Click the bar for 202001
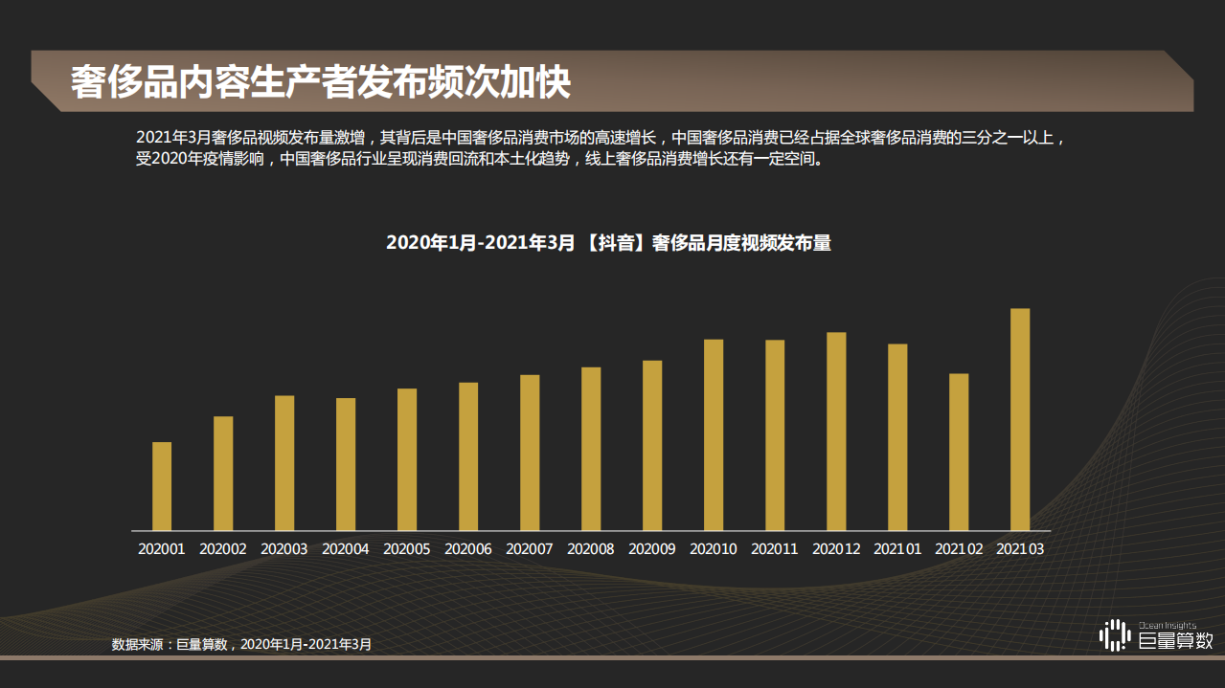[162, 486]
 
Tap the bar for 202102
[959, 452]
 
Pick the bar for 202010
[714, 434]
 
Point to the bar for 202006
[468, 456]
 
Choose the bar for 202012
[836, 432]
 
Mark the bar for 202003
[284, 463]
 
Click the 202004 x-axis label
[346, 549]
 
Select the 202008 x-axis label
[591, 549]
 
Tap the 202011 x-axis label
[775, 549]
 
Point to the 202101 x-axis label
[897, 549]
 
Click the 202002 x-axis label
[223, 549]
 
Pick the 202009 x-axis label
[652, 549]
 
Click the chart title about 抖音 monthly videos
[608, 243]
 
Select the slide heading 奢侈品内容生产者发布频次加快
[321, 83]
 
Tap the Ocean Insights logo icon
[1114, 635]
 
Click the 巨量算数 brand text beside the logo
[1176, 641]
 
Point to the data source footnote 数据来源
[241, 645]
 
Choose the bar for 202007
[530, 453]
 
